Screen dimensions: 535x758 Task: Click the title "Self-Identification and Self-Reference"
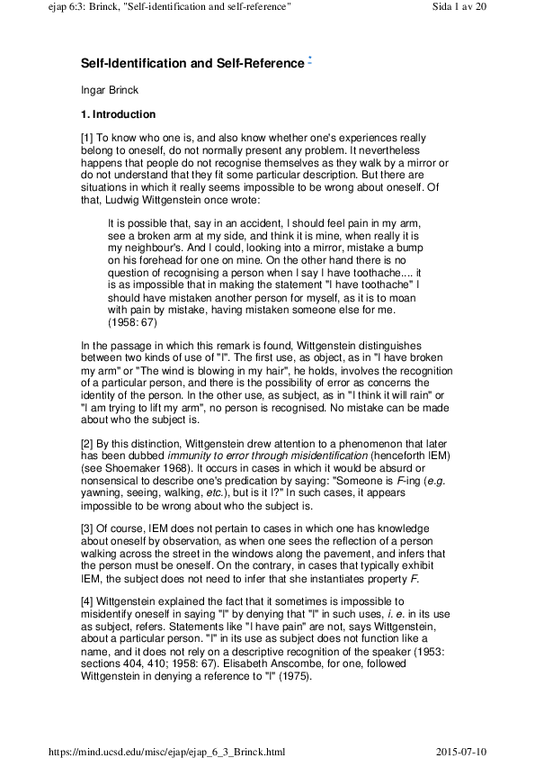point(192,64)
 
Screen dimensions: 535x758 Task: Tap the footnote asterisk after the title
point(309,59)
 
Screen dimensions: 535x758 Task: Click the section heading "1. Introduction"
point(119,115)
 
